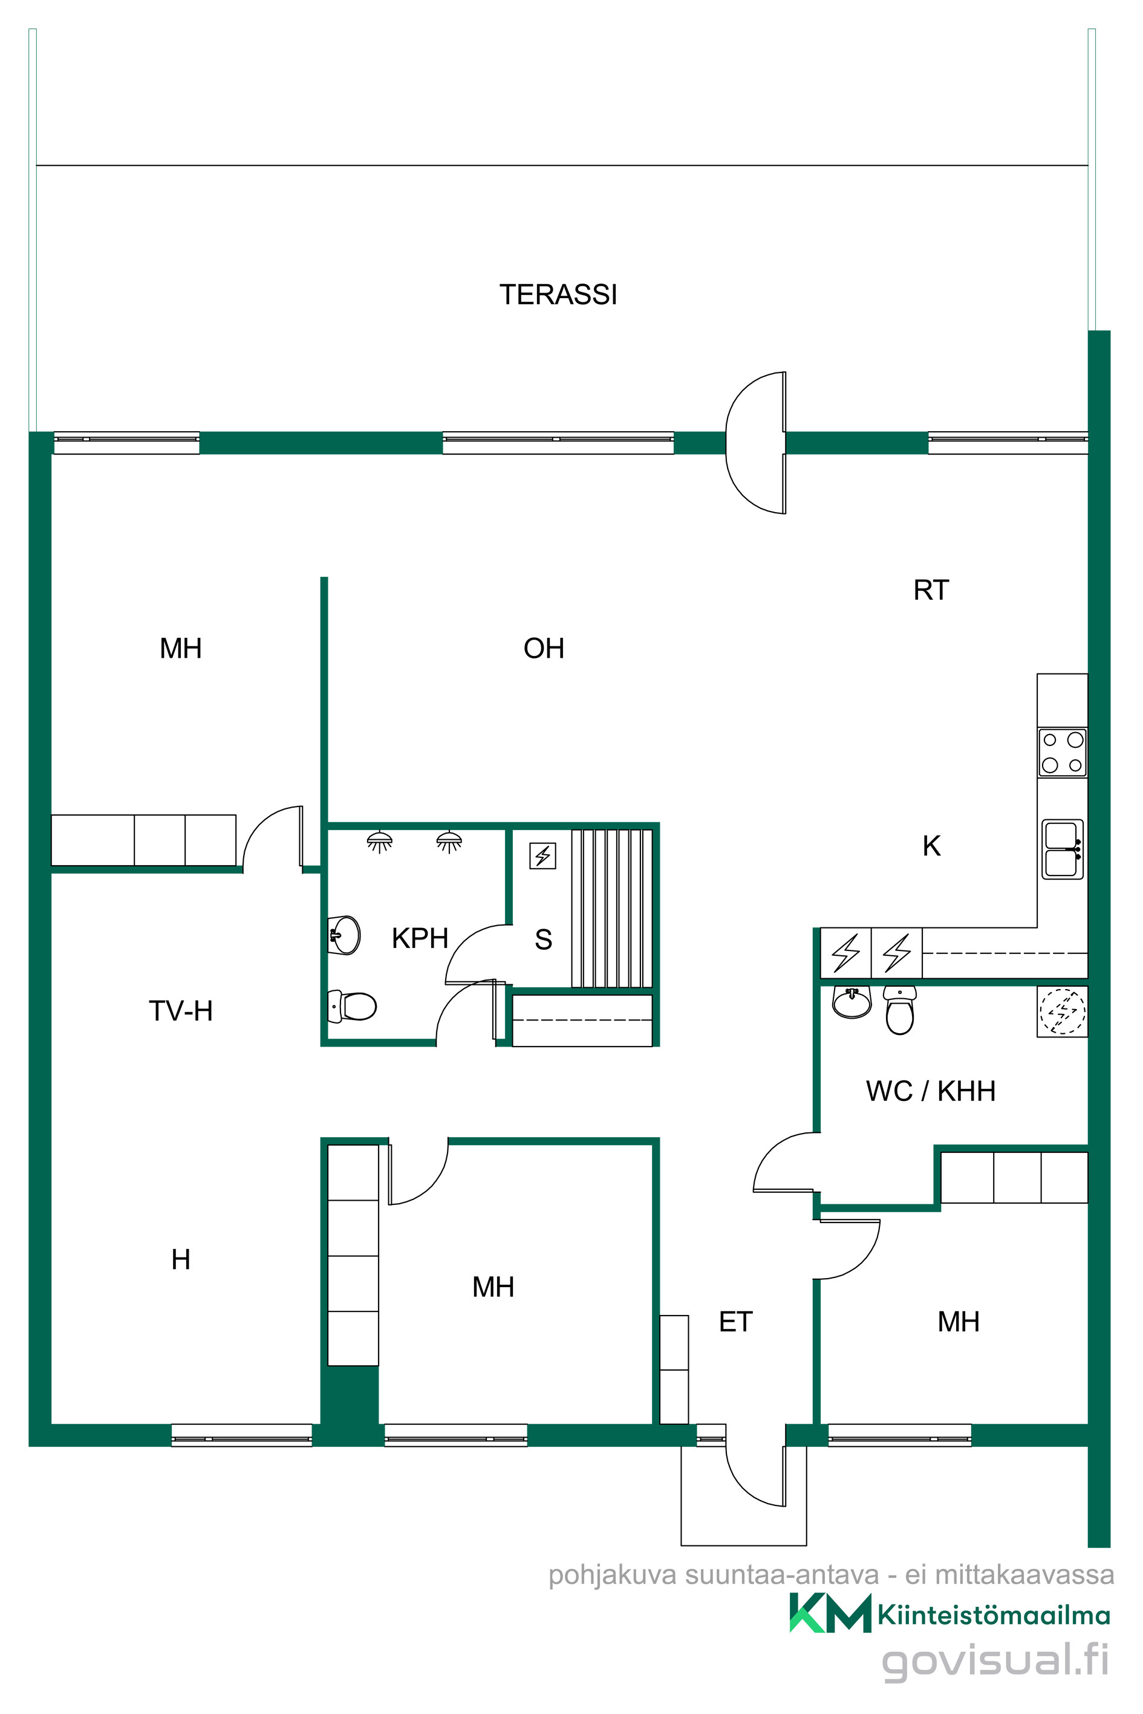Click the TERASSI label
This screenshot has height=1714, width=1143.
pos(558,294)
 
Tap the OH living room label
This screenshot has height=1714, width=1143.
pos(544,649)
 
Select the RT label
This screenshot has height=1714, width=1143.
pos(931,590)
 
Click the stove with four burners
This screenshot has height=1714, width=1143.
pos(1062,753)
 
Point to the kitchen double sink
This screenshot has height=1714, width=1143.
pos(1062,849)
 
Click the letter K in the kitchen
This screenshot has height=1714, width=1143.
pos(931,846)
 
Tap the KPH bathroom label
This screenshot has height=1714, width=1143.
pos(419,938)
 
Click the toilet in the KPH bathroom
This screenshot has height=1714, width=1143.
pos(353,1007)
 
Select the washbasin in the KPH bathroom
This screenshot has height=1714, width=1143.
pos(344,935)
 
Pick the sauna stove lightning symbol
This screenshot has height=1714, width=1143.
pos(542,855)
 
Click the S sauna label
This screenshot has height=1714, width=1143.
pos(543,940)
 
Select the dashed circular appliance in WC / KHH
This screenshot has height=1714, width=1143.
pos(1062,1011)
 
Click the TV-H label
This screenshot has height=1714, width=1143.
pos(181,1011)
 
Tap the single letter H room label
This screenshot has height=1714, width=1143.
pos(181,1259)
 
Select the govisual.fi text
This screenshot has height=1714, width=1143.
pos(995,1660)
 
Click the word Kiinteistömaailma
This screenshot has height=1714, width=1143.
pos(994,1615)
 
